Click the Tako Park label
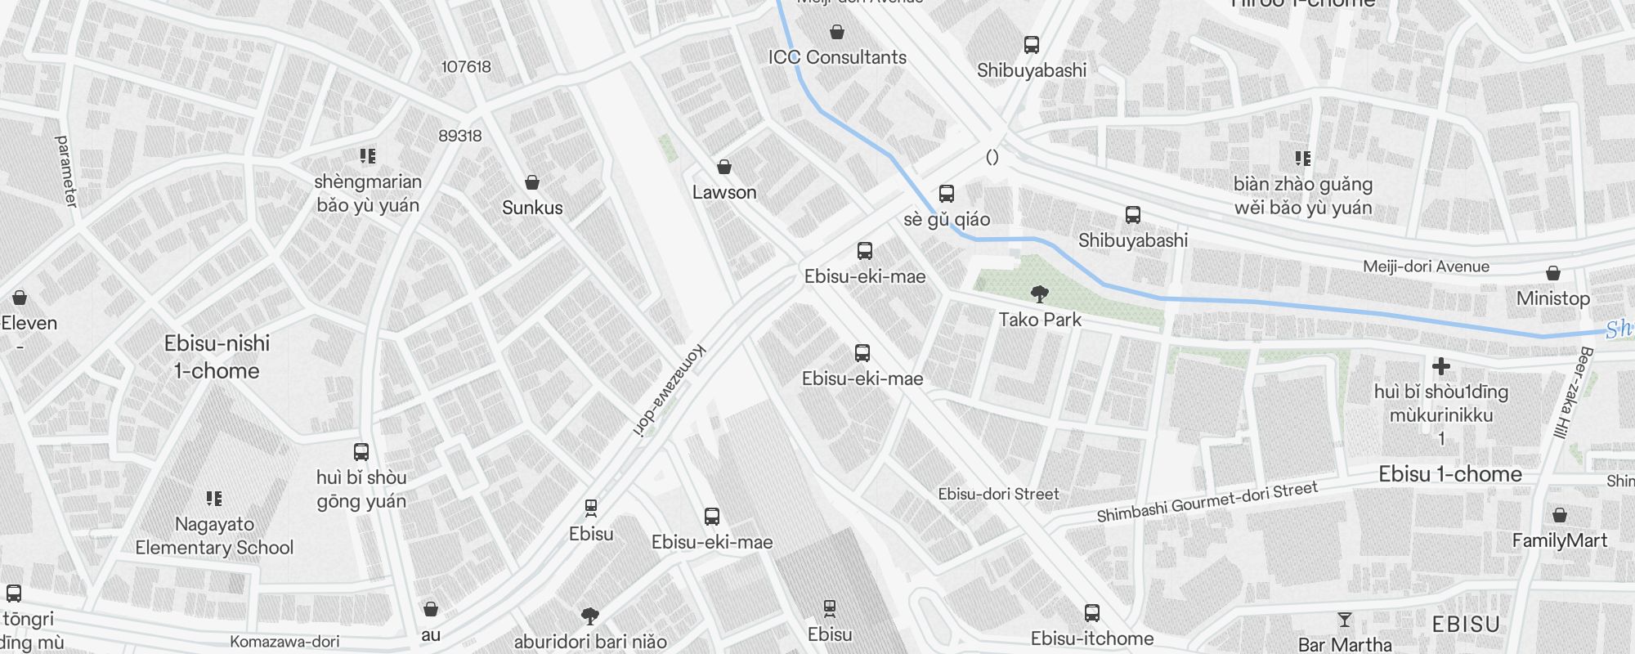(1040, 320)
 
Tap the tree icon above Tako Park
(1040, 293)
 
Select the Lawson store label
(724, 193)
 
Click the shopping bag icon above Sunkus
(532, 181)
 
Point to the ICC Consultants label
(837, 57)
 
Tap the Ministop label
(1552, 298)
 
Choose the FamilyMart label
(1559, 540)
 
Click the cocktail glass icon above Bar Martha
(1345, 620)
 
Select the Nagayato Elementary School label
(214, 535)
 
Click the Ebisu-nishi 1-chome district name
(217, 356)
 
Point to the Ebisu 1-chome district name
(1450, 474)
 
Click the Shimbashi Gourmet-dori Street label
(1207, 501)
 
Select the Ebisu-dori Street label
(998, 494)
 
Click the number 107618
(466, 67)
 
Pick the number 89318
(460, 136)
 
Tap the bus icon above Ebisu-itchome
(1092, 612)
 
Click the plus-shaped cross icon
(1441, 366)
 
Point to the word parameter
(66, 171)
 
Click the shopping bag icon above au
(431, 609)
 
